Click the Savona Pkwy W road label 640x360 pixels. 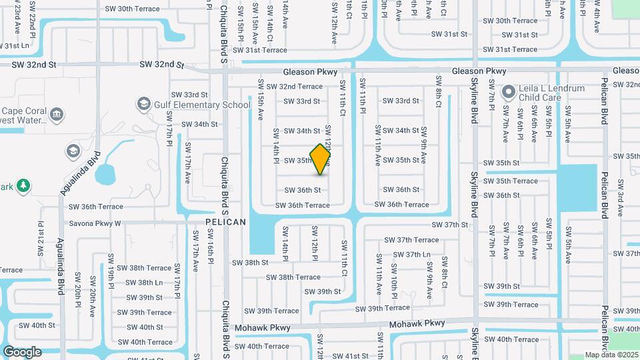click(x=95, y=223)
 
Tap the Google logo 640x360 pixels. click(x=22, y=351)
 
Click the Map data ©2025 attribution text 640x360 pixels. click(x=611, y=355)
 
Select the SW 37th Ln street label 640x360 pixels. click(x=411, y=254)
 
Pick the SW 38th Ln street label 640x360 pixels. click(x=145, y=282)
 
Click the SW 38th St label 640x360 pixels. click(x=250, y=263)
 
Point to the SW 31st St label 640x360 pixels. click(x=519, y=35)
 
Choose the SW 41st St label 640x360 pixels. click(x=351, y=356)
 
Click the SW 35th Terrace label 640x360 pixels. click(x=511, y=181)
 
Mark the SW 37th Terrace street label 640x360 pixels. click(x=417, y=239)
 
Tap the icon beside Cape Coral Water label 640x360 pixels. click(x=57, y=115)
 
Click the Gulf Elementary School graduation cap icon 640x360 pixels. click(x=143, y=104)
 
